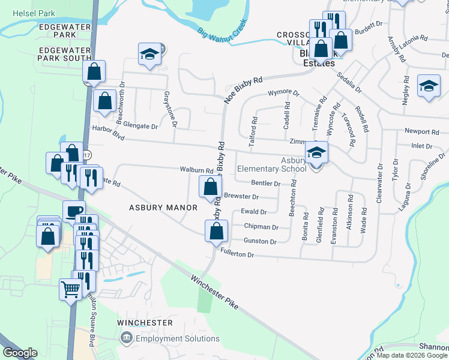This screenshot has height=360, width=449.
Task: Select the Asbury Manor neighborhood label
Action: click(x=163, y=208)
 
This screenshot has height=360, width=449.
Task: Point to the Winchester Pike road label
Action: click(x=214, y=292)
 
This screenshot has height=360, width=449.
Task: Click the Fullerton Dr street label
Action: click(x=238, y=254)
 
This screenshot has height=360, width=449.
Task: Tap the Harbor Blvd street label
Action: click(x=106, y=133)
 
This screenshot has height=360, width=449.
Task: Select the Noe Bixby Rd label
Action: click(x=243, y=89)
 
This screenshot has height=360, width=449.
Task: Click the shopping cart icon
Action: click(x=71, y=290)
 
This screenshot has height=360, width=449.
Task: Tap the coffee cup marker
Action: click(x=74, y=211)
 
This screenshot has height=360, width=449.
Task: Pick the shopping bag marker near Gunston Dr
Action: click(x=216, y=230)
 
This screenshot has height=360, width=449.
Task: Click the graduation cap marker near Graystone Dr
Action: click(x=149, y=55)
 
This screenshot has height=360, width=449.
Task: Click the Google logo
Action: click(x=20, y=353)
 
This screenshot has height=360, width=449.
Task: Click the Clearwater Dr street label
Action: click(x=379, y=183)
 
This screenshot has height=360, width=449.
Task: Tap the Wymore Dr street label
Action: click(x=283, y=93)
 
